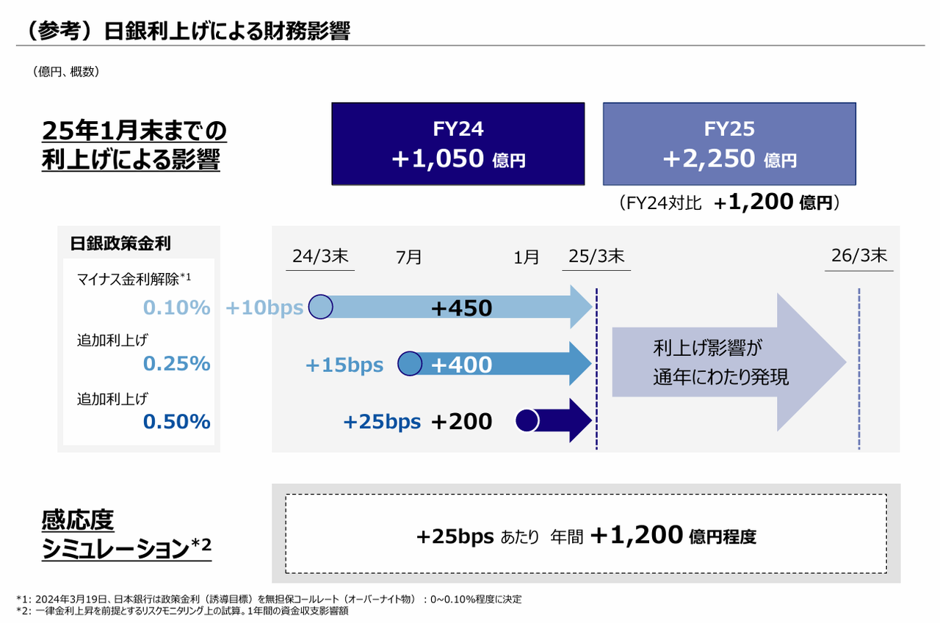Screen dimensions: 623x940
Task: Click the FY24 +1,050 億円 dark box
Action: (x=458, y=144)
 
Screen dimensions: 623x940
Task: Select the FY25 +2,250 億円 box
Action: (x=728, y=144)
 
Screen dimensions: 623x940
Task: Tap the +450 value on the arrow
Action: (x=461, y=308)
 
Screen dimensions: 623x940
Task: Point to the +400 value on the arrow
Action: (x=461, y=364)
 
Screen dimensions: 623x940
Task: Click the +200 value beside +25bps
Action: (x=461, y=421)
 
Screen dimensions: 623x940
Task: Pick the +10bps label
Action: (x=264, y=308)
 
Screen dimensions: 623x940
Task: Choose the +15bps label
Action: (x=344, y=365)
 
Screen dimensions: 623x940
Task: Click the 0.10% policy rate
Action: (x=177, y=308)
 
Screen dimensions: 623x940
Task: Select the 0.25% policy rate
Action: (x=177, y=364)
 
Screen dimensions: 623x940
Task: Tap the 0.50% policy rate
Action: (x=177, y=422)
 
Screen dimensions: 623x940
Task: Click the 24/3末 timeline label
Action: (x=320, y=257)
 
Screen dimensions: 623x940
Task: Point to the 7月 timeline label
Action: (x=409, y=258)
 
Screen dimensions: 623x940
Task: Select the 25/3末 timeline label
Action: (x=596, y=257)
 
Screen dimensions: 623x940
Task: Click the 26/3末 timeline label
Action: (x=859, y=256)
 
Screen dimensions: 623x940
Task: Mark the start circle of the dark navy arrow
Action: (x=527, y=420)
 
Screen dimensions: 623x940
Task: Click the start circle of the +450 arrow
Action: (x=320, y=307)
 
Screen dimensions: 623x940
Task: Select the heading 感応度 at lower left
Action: (x=79, y=522)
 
